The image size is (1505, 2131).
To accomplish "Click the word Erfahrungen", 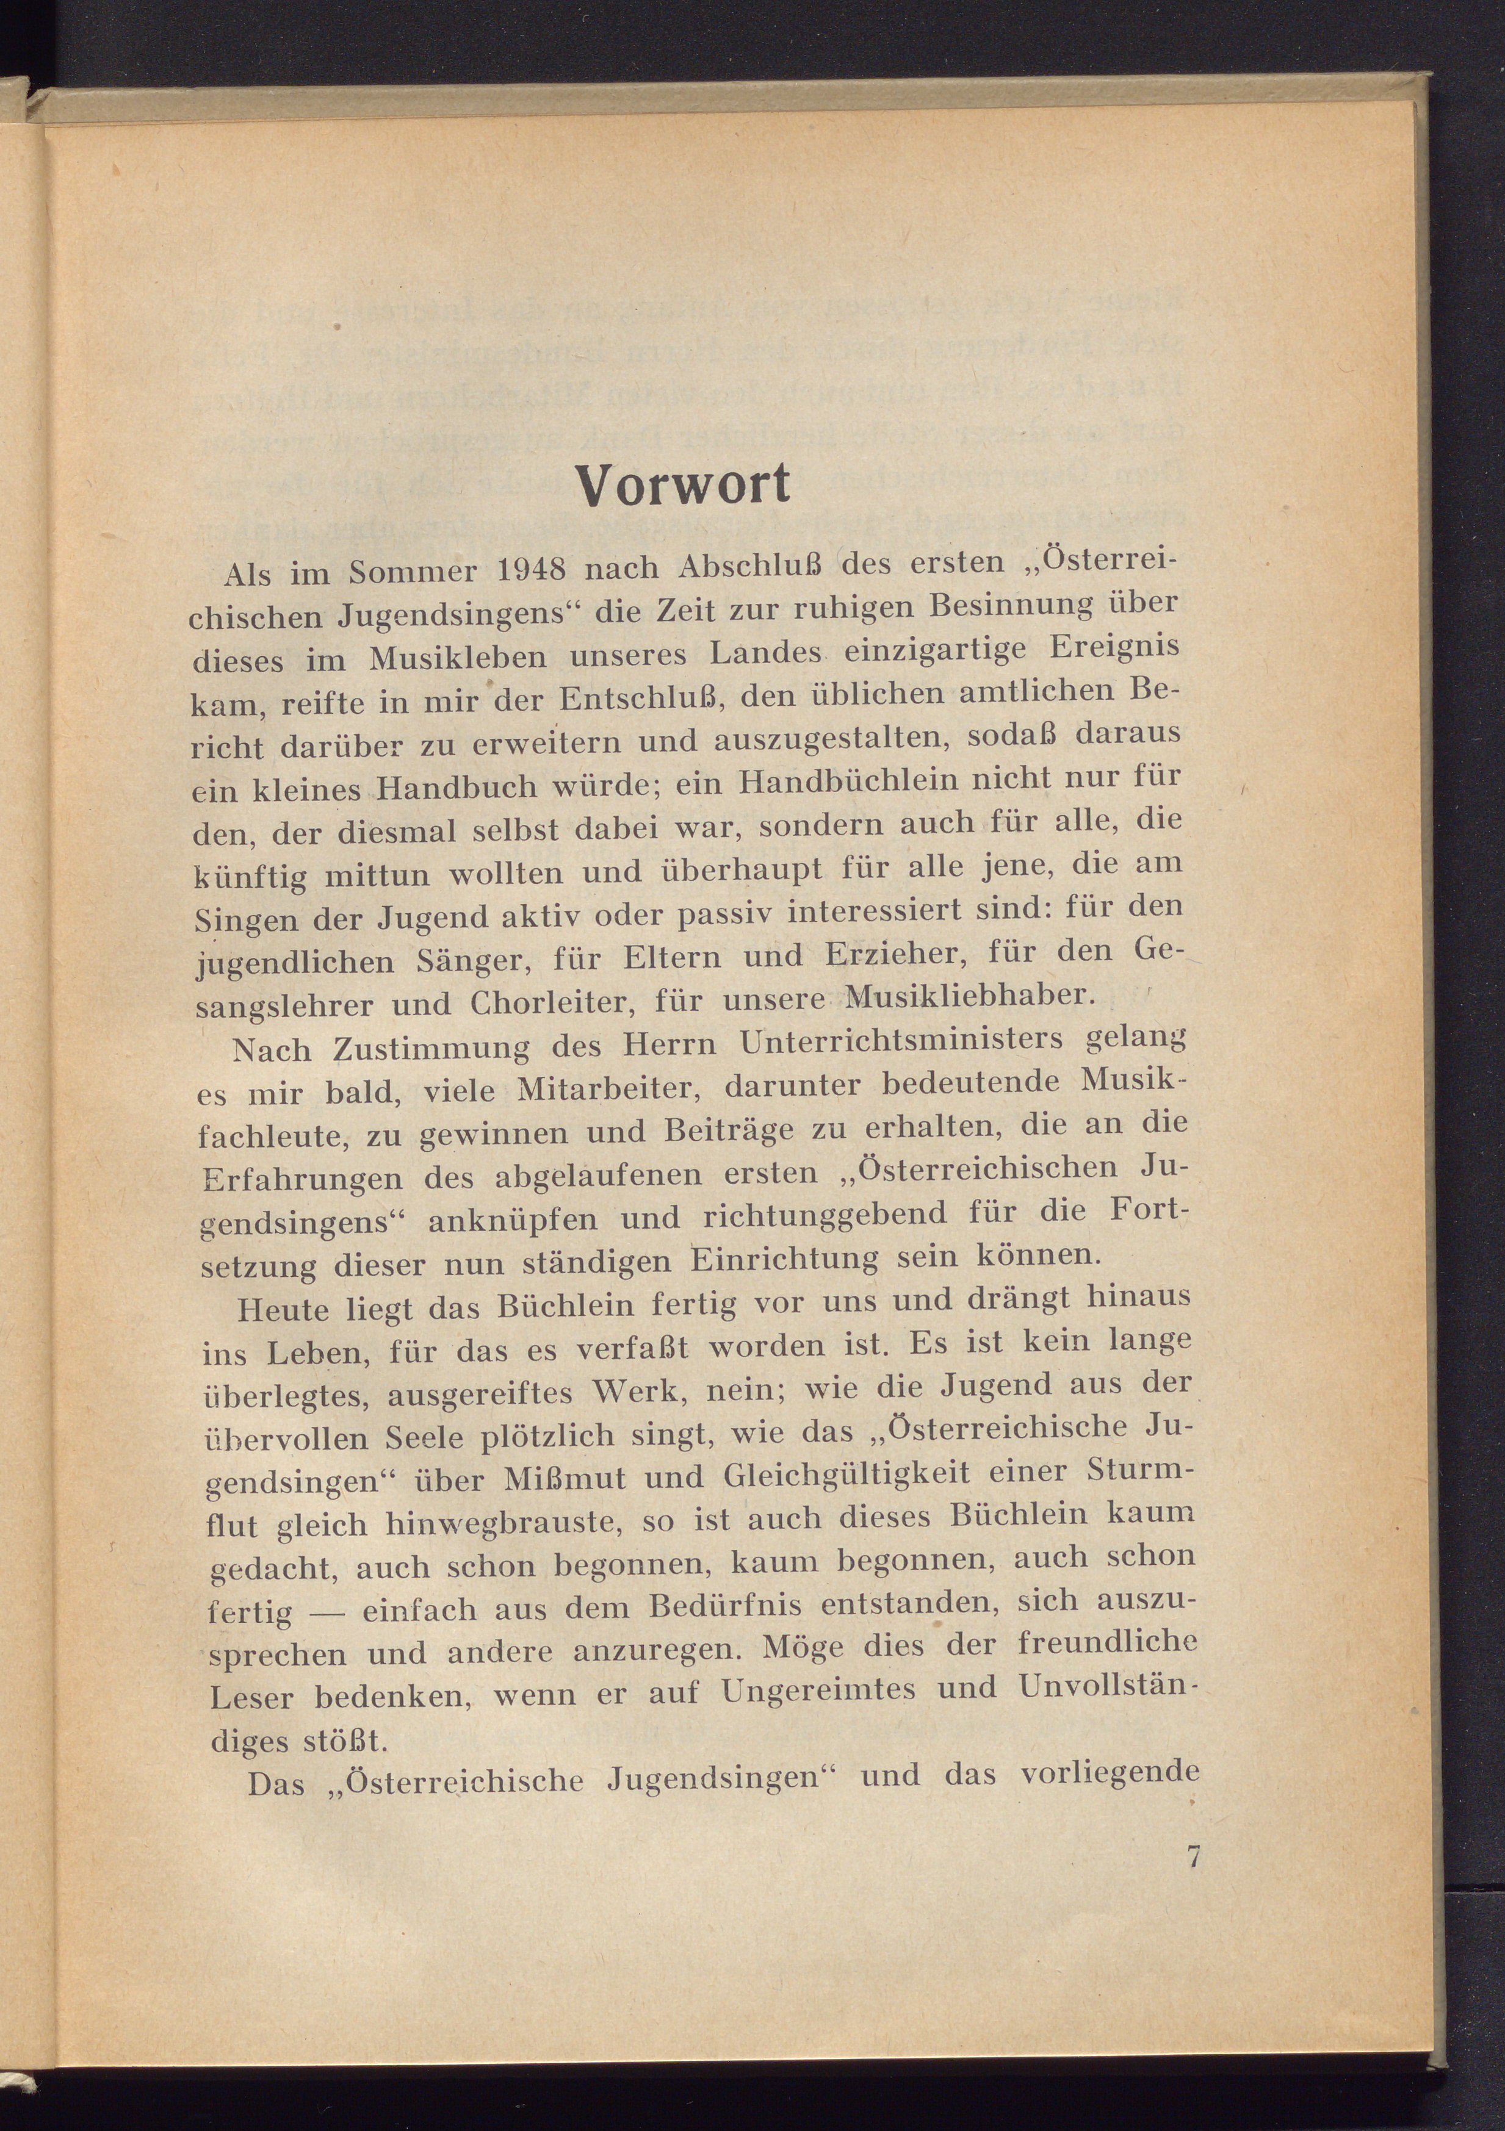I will tap(303, 1180).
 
